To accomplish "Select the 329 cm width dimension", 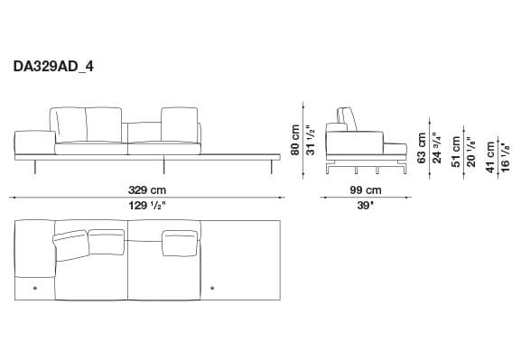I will tap(145, 190).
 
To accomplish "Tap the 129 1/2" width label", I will tap(146, 205).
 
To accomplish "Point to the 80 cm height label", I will tap(294, 138).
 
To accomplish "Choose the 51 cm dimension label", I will tap(457, 147).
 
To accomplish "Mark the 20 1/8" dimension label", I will tap(471, 147).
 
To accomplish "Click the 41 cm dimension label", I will tap(490, 152).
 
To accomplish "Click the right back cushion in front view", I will tap(178, 123).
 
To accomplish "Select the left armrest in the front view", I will tap(32, 141).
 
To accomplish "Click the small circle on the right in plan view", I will tap(212, 288).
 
